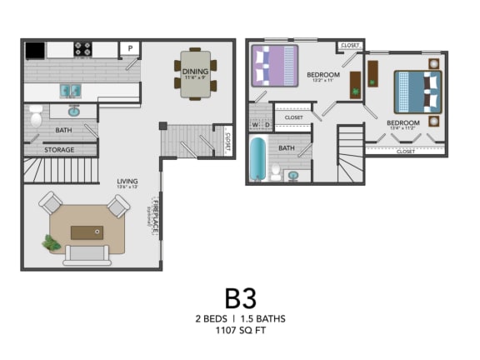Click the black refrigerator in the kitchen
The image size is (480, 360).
point(35,50)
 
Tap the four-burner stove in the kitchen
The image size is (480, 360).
point(83,49)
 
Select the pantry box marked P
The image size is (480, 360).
point(130,49)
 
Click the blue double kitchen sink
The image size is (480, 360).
point(70,89)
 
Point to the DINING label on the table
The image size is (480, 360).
point(195,72)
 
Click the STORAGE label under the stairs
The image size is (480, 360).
point(59,150)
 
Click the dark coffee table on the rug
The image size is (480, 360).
point(87,232)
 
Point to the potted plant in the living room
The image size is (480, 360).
point(52,243)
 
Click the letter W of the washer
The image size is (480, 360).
point(255,125)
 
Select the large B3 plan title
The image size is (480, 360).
point(240,298)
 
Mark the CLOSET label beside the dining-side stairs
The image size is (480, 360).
point(227,139)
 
